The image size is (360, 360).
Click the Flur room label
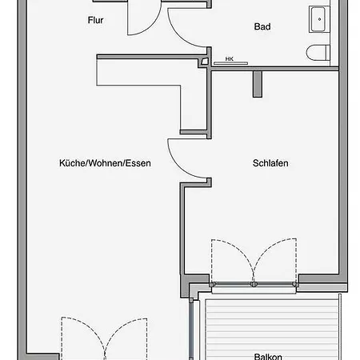click(x=95, y=20)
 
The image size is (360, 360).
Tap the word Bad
click(x=262, y=26)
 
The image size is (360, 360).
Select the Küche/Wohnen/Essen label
click(x=105, y=163)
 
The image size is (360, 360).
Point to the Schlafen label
click(x=270, y=163)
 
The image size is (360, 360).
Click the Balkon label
click(x=268, y=357)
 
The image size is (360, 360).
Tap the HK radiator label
click(x=230, y=58)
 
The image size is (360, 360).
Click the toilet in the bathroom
click(x=318, y=53)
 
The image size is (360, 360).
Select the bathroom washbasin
click(x=319, y=19)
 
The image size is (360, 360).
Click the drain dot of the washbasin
click(x=319, y=19)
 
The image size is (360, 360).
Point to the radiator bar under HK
click(x=230, y=63)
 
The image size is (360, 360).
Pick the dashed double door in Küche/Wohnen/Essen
click(x=104, y=338)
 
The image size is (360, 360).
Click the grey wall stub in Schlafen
click(x=258, y=84)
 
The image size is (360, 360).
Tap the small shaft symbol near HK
click(x=203, y=62)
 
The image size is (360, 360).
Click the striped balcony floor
click(x=272, y=330)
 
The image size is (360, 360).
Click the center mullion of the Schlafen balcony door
click(x=254, y=284)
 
